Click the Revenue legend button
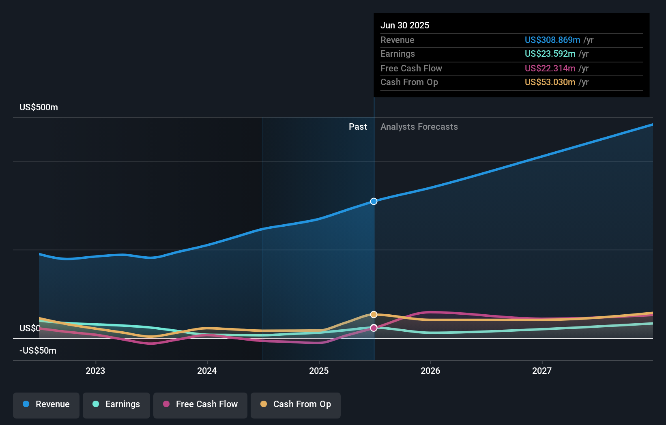point(46,404)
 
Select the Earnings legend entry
point(116,404)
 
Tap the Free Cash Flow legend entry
point(200,404)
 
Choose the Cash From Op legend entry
point(296,404)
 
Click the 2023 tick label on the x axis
point(95,371)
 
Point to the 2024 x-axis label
point(207,371)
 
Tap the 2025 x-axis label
point(319,371)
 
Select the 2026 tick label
point(430,371)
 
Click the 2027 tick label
point(542,371)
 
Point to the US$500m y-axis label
point(39,107)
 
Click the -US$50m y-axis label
point(38,351)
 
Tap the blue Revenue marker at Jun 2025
point(374,202)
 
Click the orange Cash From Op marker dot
point(374,315)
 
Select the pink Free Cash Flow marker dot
point(374,328)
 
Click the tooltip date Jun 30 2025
point(404,26)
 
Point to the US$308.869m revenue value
point(552,40)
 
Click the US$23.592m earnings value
point(550,54)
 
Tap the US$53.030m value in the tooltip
point(550,82)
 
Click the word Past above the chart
point(358,127)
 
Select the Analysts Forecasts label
point(419,127)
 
